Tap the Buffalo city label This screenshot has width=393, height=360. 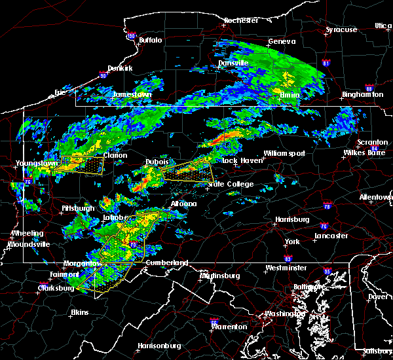150,41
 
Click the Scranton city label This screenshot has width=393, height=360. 372,142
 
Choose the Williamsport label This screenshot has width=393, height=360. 284,153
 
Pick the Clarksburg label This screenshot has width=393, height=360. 55,287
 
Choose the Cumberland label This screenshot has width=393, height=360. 166,263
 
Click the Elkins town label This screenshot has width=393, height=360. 81,312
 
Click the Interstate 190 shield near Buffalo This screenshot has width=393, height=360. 132,36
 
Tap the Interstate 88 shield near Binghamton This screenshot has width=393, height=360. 369,88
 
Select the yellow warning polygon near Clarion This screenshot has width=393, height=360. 79,164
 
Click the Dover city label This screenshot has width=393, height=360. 379,296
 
